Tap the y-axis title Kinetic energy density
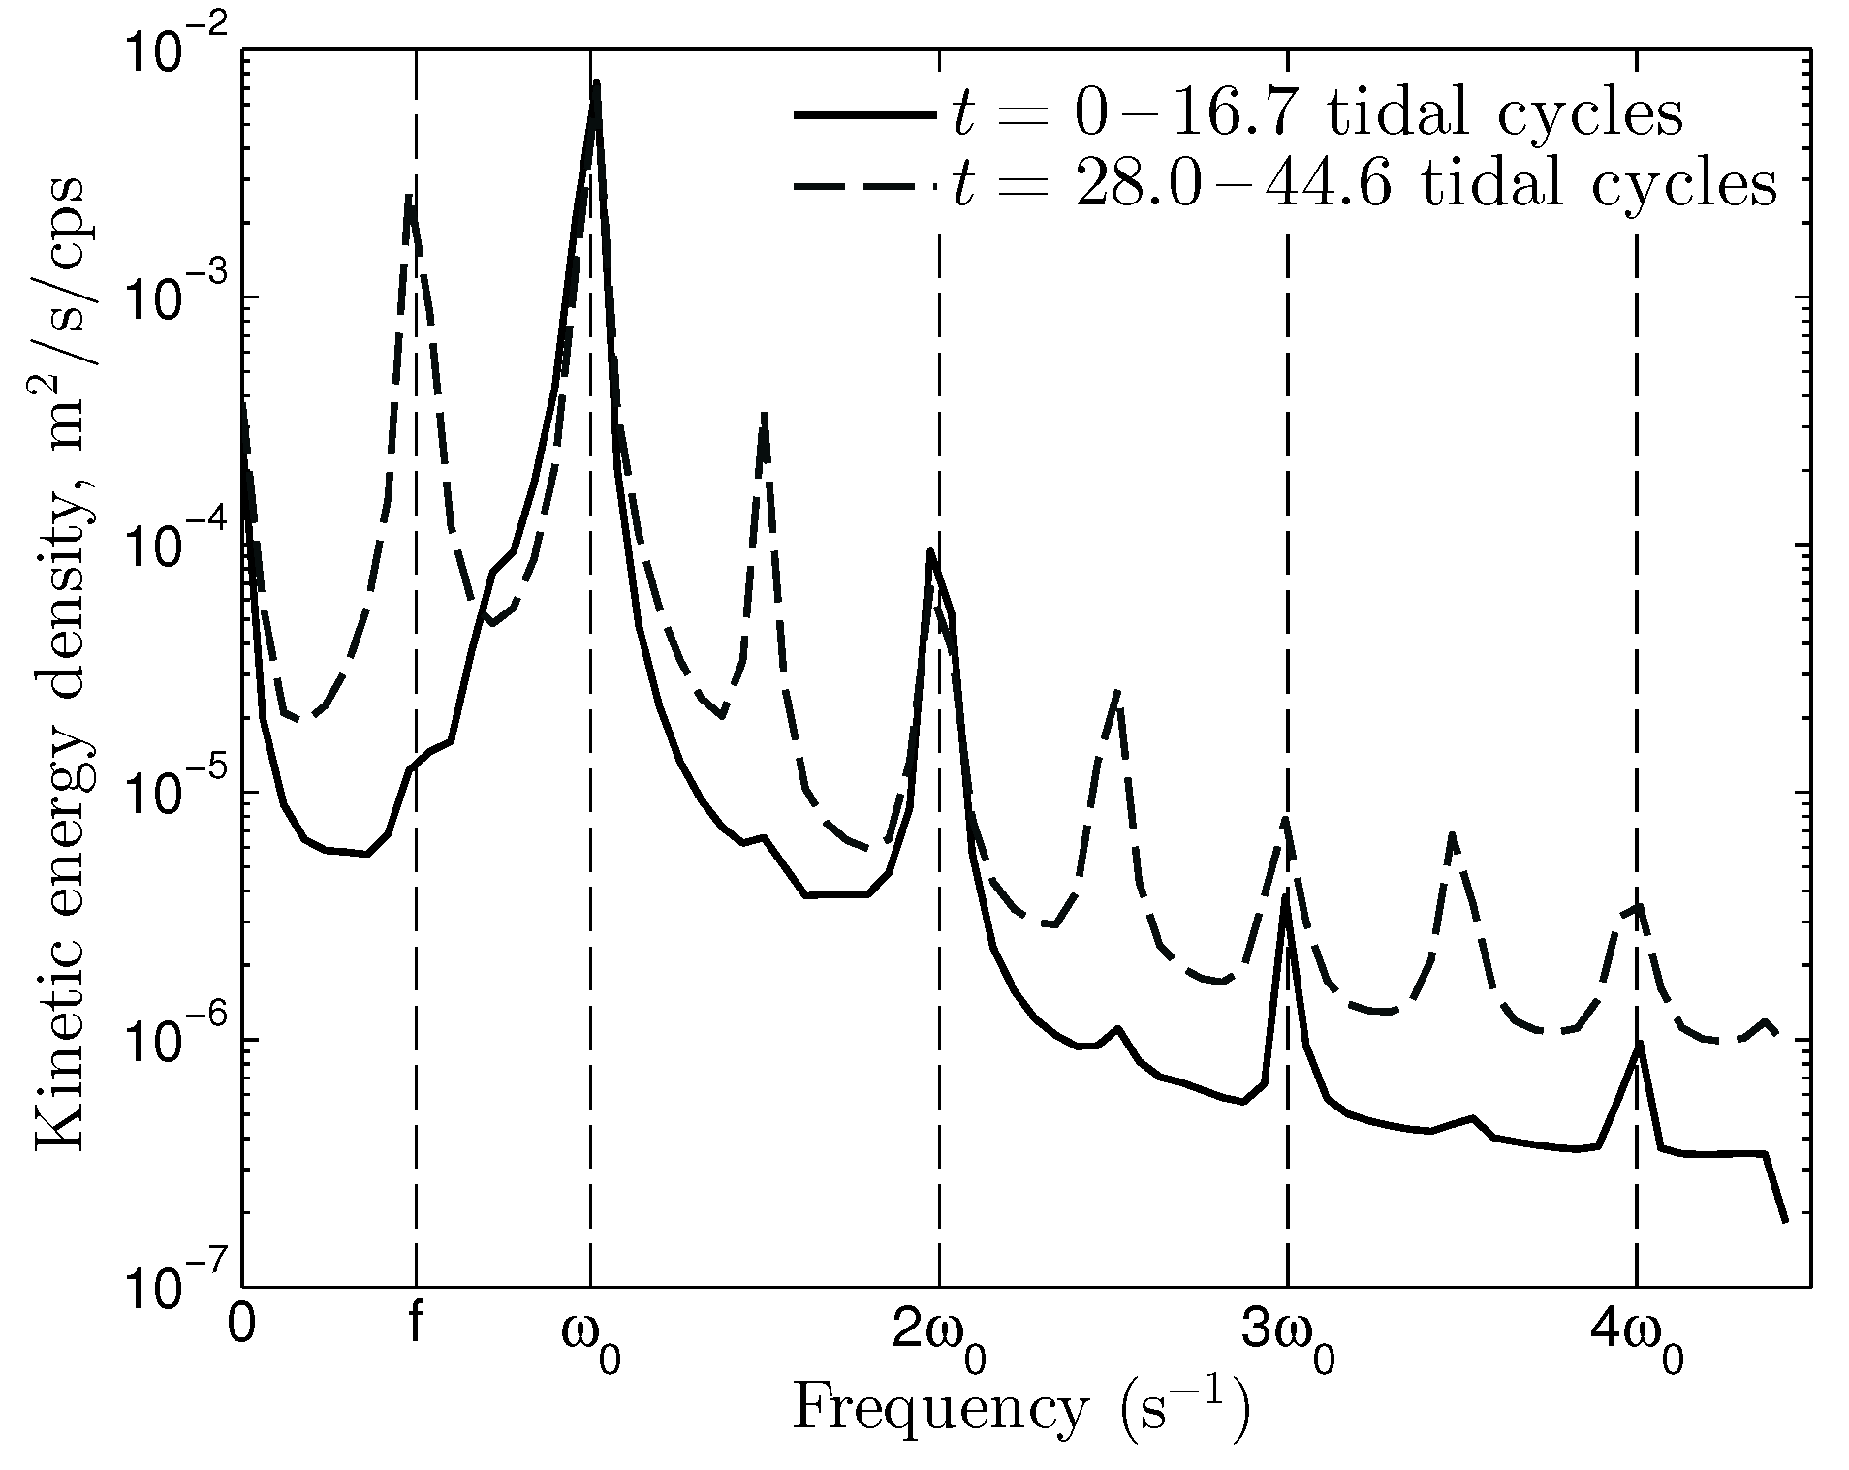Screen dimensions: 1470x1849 (60, 669)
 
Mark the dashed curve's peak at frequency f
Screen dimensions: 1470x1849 (410, 199)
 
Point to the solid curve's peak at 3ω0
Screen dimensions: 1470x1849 (1285, 895)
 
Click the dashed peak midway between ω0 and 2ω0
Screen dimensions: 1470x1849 (765, 415)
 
